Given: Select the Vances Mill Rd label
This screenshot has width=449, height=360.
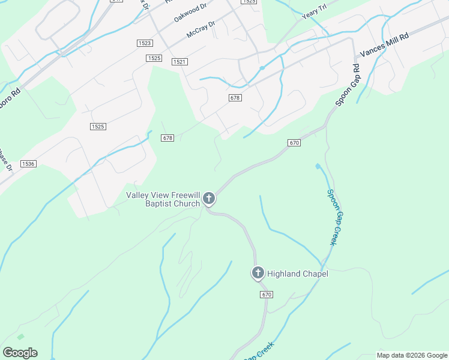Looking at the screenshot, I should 384,46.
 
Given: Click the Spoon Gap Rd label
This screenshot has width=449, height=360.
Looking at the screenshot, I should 347,90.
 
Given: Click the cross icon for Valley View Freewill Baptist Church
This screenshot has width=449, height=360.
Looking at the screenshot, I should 209,198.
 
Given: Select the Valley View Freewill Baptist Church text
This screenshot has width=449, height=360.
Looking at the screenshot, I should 163,199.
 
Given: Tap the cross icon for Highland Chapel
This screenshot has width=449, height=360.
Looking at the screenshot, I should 258,274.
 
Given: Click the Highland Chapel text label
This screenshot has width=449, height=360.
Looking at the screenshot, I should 298,274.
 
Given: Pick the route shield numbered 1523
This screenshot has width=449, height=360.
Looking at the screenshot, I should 144,43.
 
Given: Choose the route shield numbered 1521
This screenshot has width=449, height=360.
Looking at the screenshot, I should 179,62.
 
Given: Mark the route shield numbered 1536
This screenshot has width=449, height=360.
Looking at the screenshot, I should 28,163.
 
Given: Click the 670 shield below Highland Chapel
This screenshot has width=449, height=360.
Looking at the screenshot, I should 267,295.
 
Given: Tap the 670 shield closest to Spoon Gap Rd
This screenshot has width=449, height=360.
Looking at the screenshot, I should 294,143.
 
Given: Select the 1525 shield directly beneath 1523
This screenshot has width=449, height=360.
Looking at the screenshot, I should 154,58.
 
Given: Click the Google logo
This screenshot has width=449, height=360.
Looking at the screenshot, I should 20,353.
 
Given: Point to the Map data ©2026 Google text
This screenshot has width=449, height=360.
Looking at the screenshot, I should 411,355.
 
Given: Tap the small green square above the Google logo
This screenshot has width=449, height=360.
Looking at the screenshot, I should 21,337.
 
